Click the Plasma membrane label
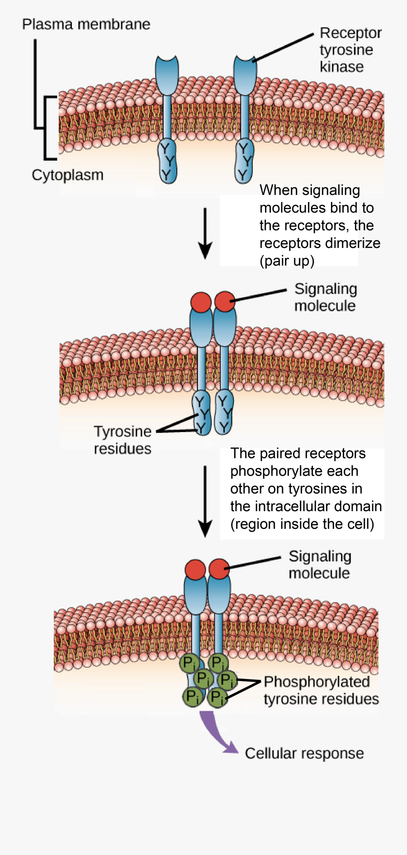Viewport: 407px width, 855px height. coord(86,24)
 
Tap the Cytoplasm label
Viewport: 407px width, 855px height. coord(67,175)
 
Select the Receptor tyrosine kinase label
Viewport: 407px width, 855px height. coord(350,50)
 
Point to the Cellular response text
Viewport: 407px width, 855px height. coord(304,754)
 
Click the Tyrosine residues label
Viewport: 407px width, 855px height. coord(123,440)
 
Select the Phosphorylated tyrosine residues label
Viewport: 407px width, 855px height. coord(321,690)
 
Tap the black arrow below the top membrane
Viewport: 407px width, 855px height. coord(205,233)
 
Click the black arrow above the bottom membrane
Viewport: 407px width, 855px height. coord(205,500)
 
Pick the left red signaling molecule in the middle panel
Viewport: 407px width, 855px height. coord(201,302)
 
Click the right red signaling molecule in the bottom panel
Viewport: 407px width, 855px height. coord(219,569)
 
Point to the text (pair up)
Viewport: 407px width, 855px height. coord(287,261)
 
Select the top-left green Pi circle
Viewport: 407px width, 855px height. coord(189,664)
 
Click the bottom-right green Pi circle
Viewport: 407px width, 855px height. coord(217,697)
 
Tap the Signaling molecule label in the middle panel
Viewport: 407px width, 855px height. coord(325,297)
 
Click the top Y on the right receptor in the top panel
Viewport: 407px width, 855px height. coord(244,148)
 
